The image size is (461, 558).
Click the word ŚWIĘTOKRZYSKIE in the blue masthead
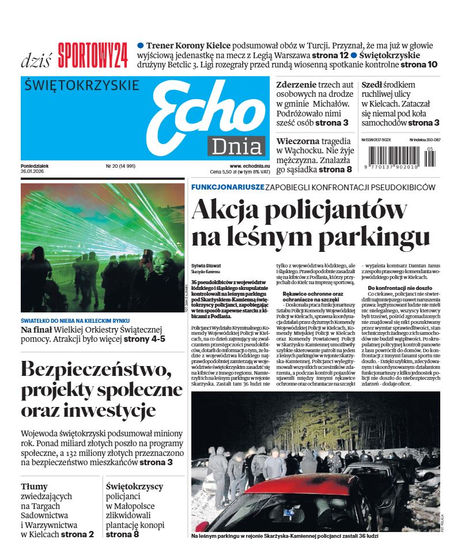pos(82,86)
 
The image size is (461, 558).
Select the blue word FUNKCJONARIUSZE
pos(228,187)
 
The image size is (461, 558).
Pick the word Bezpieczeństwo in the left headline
pos(96,369)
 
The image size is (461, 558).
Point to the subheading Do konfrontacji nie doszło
pos(399,288)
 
